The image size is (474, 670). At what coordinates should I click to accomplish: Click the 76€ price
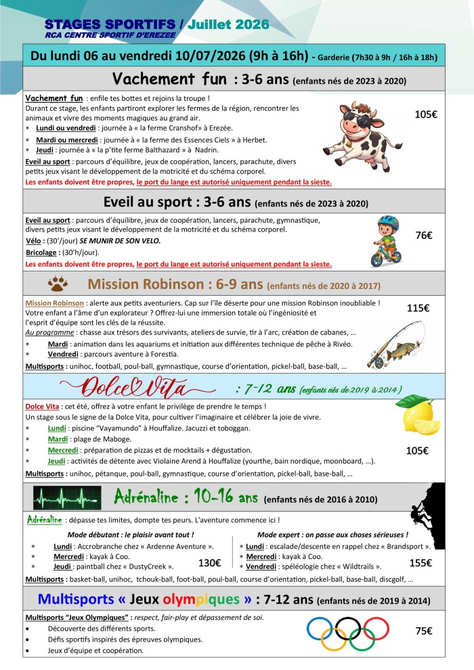coord(425,236)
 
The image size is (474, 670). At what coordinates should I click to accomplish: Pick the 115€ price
coord(418,308)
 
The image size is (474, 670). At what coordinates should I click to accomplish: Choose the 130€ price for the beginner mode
coord(209,562)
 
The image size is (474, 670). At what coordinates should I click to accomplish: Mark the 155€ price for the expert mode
coord(422,562)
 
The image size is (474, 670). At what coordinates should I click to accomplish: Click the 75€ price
coord(425,630)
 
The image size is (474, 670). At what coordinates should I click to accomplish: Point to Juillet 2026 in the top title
coord(229,24)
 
